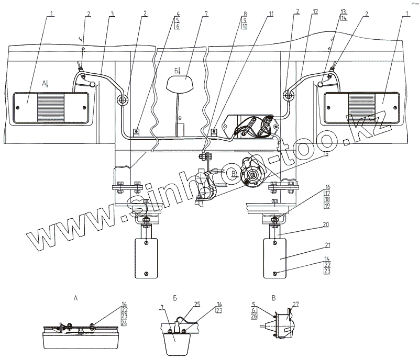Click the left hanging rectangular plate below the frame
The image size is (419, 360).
tap(146, 258)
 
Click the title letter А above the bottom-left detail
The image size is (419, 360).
tap(76, 298)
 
